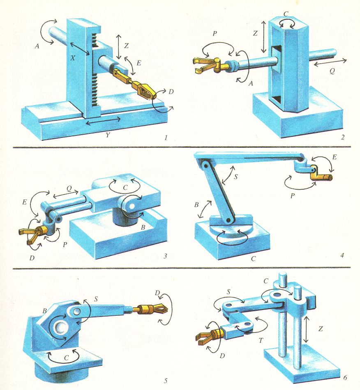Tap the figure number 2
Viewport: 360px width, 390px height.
click(x=342, y=137)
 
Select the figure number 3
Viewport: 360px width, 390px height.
click(x=165, y=257)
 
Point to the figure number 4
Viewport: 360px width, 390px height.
click(x=342, y=255)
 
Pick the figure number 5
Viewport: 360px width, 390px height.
click(x=165, y=380)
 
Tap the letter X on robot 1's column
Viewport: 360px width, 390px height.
click(x=73, y=58)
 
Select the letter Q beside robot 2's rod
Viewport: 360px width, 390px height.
click(x=332, y=71)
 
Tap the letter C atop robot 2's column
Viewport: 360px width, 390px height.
click(x=286, y=14)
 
